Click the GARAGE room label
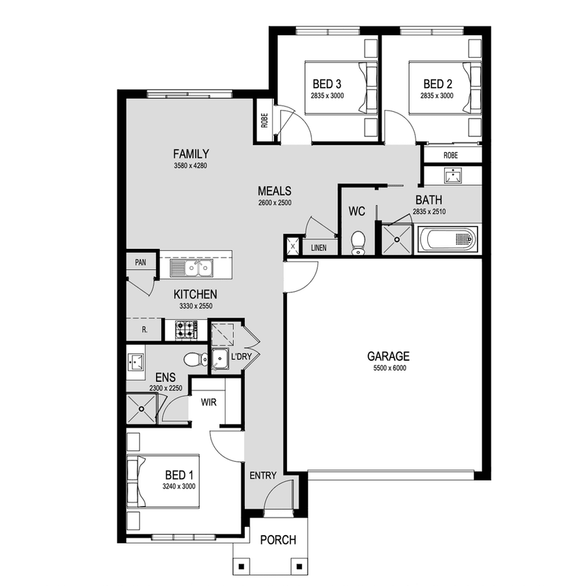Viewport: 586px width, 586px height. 388,355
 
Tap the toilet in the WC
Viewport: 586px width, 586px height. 358,242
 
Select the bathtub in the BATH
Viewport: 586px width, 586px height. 448,239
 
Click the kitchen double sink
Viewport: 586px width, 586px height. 191,269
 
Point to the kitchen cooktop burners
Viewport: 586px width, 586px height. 186,330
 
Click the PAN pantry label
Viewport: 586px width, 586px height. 140,261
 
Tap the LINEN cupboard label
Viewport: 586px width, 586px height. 319,248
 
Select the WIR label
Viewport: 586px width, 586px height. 209,402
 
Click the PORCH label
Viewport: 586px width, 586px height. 278,540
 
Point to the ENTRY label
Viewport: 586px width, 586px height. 262,475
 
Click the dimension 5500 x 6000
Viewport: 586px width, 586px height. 388,368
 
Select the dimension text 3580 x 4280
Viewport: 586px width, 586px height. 191,165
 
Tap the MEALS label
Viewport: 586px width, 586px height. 275,191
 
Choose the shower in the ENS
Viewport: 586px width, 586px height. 141,408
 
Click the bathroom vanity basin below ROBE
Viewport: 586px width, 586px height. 452,176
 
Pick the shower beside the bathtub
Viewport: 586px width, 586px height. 396,237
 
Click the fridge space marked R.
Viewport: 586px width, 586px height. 144,330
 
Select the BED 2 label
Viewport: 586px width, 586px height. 437,84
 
